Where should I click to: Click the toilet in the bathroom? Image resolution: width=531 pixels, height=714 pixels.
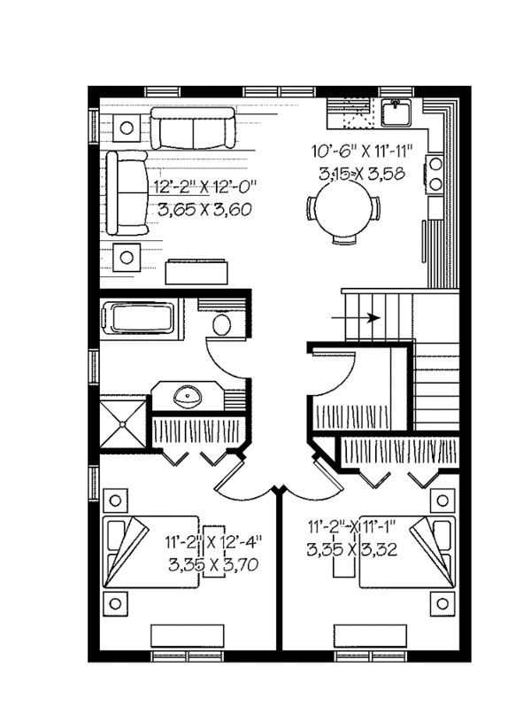point(222,325)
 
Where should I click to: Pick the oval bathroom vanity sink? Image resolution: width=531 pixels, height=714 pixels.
point(189,395)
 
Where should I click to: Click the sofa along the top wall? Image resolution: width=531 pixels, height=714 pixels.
point(192,128)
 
